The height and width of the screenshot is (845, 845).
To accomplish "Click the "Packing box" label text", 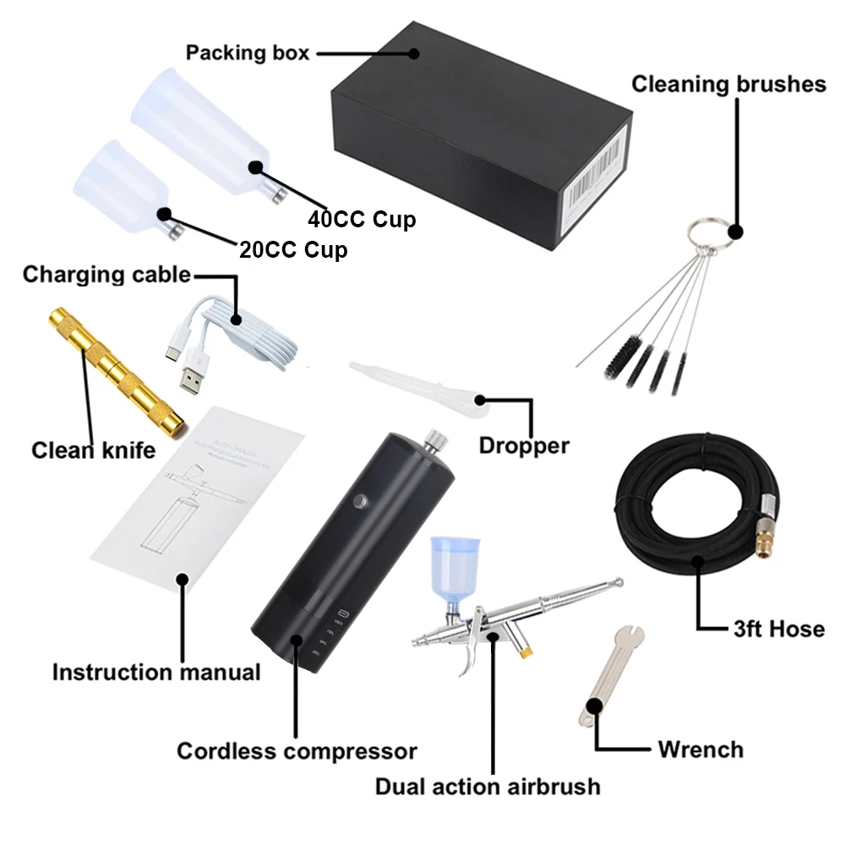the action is (x=248, y=52).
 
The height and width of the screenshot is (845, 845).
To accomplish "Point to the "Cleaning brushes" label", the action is (x=728, y=84).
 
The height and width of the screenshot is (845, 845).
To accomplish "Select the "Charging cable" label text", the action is (x=106, y=275).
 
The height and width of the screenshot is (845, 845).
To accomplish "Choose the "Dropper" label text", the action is (x=524, y=445).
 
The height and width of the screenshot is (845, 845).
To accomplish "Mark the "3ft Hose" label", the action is (x=778, y=628).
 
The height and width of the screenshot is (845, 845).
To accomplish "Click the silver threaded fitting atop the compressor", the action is (x=435, y=440).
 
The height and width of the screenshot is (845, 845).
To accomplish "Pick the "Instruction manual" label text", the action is (x=156, y=672).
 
